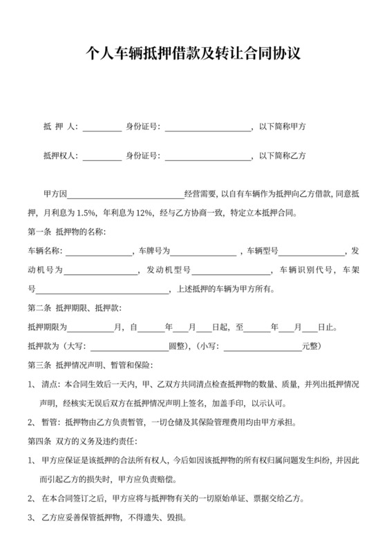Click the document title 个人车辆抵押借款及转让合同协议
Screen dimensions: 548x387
pyautogui.click(x=193, y=55)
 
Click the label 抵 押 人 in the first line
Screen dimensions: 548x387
pyautogui.click(x=60, y=127)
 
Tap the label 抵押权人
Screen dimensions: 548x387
pyautogui.click(x=60, y=156)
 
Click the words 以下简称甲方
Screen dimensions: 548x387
pyautogui.click(x=283, y=127)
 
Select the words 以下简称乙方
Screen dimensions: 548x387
pyautogui.click(x=283, y=156)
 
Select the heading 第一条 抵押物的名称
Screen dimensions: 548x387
pyautogui.click(x=66, y=232)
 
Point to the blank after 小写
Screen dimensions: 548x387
pyautogui.click(x=262, y=346)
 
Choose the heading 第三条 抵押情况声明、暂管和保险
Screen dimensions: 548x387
pyautogui.click(x=91, y=365)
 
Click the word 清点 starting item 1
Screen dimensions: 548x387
pyautogui.click(x=50, y=384)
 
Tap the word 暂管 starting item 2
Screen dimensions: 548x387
pyautogui.click(x=50, y=422)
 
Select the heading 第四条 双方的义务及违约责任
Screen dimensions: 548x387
pyautogui.click(x=83, y=441)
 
